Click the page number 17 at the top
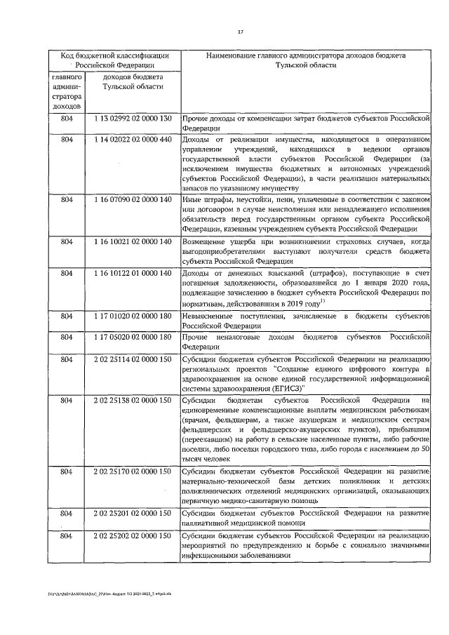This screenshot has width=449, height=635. (x=240, y=32)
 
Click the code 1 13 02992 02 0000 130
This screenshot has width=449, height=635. (x=133, y=118)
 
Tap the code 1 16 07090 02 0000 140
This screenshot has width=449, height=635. (x=133, y=200)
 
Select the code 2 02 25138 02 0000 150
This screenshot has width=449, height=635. (x=133, y=400)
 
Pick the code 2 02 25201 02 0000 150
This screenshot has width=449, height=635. (x=133, y=514)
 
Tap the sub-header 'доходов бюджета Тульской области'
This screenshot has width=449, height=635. (x=133, y=81)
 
